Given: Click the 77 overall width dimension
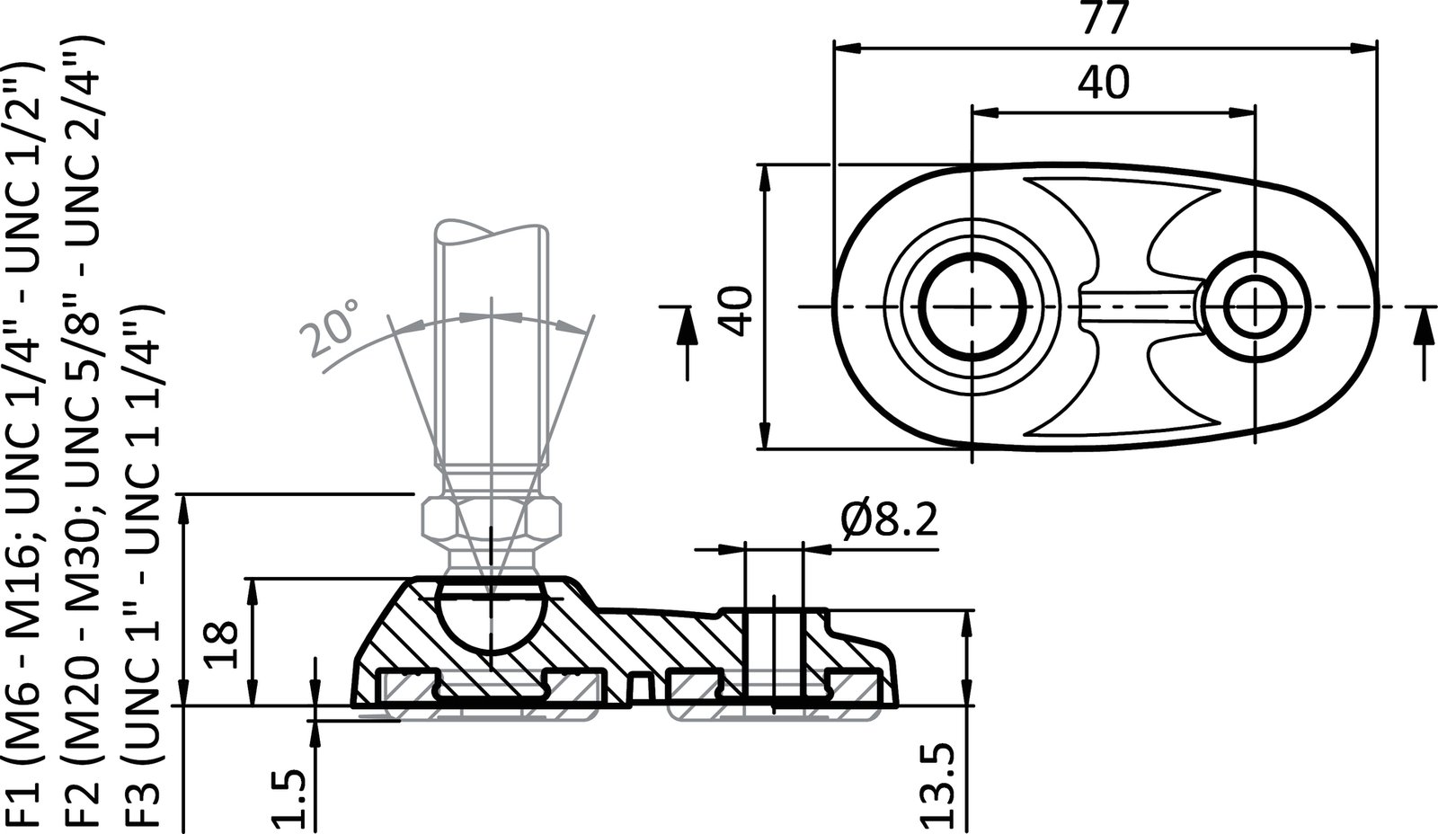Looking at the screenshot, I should point(1105,20).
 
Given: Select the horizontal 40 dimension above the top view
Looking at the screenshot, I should point(1105,84).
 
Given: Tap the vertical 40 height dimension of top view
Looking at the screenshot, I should point(737,310).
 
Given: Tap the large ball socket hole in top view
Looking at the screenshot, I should point(973,306).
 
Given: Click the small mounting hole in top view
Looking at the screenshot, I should point(1254,306).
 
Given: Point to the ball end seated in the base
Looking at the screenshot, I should point(493,618).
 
